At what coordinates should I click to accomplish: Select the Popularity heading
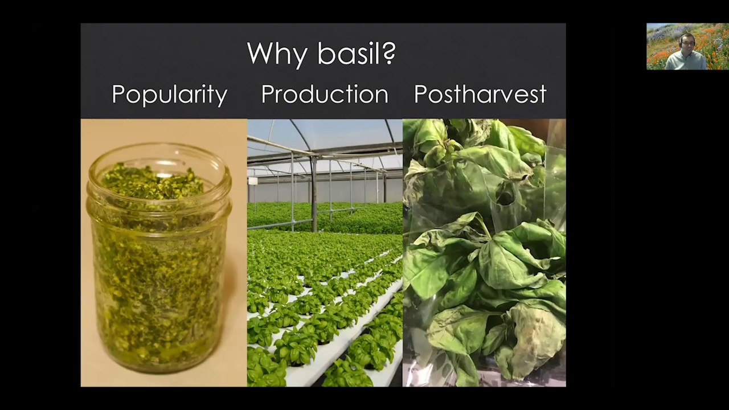[x=169, y=95]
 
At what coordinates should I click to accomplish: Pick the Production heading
[x=325, y=94]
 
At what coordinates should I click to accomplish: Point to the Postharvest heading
[x=480, y=94]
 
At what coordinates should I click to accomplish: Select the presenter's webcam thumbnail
[x=687, y=46]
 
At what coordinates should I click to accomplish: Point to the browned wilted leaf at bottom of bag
[x=534, y=338]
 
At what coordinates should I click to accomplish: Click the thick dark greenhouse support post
[x=314, y=194]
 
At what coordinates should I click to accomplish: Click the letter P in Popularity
[x=119, y=94]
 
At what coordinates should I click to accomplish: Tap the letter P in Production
[x=268, y=95]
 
